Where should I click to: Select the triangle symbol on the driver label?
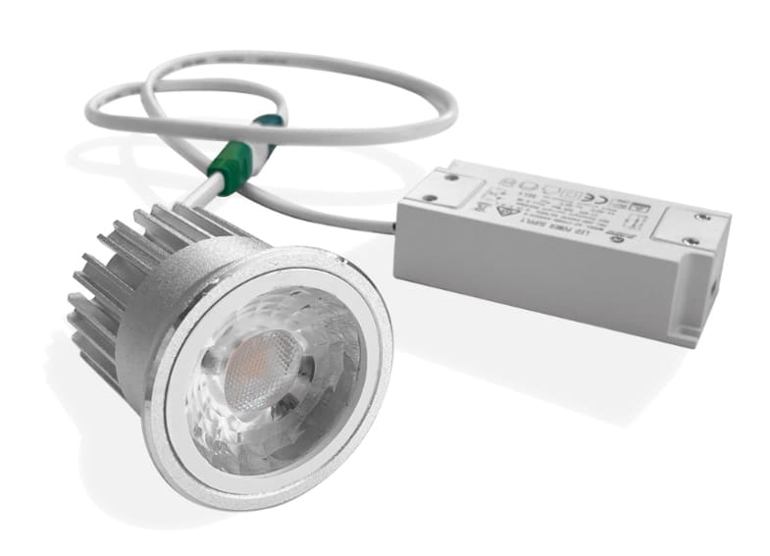pos(505,207)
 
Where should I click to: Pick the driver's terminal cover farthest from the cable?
pos(687,231)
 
